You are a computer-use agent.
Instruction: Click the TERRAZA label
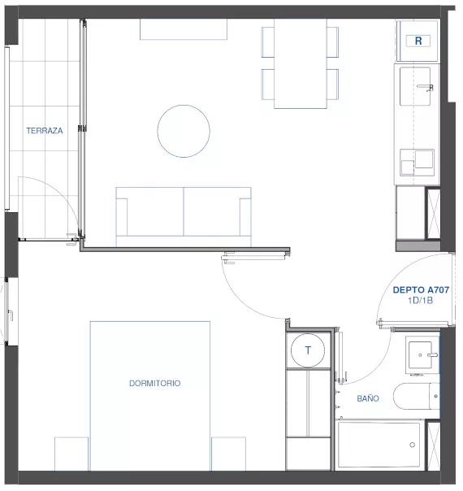pyautogui.click(x=45, y=131)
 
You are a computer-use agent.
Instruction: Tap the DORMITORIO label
pyautogui.click(x=155, y=383)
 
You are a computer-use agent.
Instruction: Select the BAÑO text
pyautogui.click(x=368, y=398)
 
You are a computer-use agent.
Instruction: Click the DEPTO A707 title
pyautogui.click(x=421, y=290)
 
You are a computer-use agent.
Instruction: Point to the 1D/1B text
pyautogui.click(x=421, y=301)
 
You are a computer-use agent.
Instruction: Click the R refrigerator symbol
pyautogui.click(x=418, y=41)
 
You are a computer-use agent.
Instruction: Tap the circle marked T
pyautogui.click(x=308, y=350)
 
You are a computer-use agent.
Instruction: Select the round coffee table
pyautogui.click(x=184, y=131)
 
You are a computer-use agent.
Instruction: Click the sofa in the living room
pyautogui.click(x=184, y=217)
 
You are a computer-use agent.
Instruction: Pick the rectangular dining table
pyautogui.click(x=301, y=63)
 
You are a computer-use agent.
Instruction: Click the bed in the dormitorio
pyautogui.click(x=150, y=396)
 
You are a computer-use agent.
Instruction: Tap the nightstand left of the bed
pyautogui.click(x=71, y=454)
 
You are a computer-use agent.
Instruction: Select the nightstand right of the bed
pyautogui.click(x=228, y=454)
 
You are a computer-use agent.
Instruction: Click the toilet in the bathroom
pyautogui.click(x=417, y=396)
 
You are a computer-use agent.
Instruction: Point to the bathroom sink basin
pyautogui.click(x=419, y=354)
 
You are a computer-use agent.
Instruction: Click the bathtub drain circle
pyautogui.click(x=413, y=445)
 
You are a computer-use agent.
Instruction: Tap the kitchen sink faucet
pyautogui.click(x=426, y=87)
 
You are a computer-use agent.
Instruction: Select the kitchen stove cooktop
pyautogui.click(x=418, y=163)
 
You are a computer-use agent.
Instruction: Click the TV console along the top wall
pyautogui.click(x=184, y=29)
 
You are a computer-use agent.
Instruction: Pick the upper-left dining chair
pyautogui.click(x=268, y=42)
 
